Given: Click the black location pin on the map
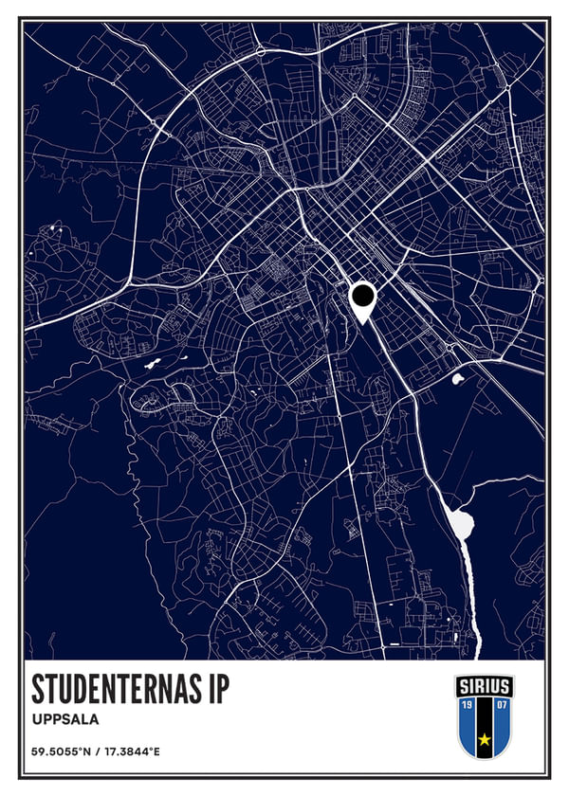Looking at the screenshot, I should point(363,297).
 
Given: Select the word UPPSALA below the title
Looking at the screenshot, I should point(65,719).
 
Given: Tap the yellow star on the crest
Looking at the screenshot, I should point(485,738).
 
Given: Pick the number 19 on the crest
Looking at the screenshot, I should point(468,706).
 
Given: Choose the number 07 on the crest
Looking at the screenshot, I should point(503,706).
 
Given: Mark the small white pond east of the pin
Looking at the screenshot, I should point(458,379).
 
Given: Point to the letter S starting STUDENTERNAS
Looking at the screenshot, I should point(39,689).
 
